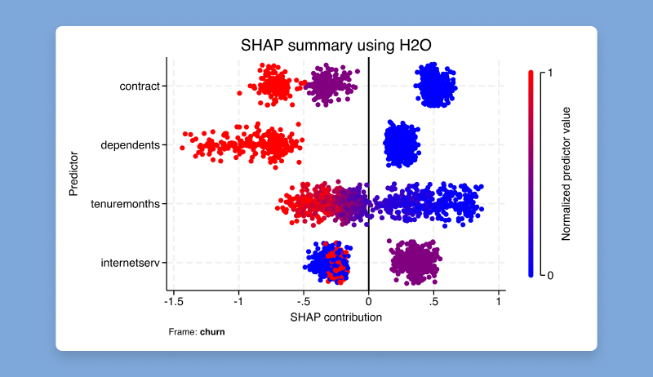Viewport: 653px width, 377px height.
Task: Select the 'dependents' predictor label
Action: point(130,145)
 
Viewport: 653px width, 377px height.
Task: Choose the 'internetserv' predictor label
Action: point(127,263)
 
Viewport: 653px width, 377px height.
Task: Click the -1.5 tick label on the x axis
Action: point(172,301)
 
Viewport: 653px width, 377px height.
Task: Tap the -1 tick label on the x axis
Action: point(238,301)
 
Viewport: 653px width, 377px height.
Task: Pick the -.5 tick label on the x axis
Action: point(304,301)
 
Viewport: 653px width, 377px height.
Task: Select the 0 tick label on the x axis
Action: point(369,301)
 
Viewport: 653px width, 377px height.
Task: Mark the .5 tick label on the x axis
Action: point(433,301)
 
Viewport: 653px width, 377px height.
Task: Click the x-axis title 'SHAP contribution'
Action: point(335,317)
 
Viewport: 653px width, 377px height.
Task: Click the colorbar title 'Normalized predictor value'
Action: point(566,173)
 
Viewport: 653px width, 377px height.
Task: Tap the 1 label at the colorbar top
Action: point(550,73)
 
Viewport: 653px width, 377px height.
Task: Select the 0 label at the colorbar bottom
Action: point(550,275)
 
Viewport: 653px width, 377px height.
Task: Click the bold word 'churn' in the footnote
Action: point(212,332)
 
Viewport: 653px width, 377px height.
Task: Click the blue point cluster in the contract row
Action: point(435,85)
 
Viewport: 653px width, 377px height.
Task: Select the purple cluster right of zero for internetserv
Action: point(415,262)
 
